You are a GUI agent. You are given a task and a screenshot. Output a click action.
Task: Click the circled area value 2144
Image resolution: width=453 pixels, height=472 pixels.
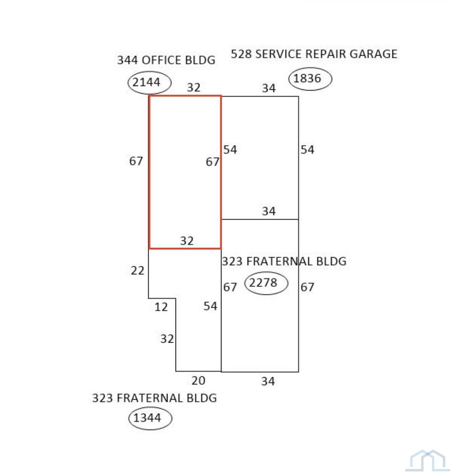[x=147, y=82]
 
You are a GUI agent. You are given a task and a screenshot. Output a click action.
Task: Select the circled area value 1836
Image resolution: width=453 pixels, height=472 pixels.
[x=307, y=78]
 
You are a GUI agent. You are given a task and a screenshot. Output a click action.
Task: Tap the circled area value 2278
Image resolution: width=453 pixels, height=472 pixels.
[x=263, y=283]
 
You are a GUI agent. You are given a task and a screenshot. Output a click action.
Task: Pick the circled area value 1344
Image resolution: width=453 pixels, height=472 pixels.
[x=147, y=418]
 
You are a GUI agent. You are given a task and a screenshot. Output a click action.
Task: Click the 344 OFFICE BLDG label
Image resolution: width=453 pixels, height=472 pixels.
[x=166, y=60]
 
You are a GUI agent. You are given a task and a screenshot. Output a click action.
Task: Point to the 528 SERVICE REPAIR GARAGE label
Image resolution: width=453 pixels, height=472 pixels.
[x=314, y=54]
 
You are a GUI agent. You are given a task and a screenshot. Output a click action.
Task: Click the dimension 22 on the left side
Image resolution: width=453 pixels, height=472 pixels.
[x=138, y=271]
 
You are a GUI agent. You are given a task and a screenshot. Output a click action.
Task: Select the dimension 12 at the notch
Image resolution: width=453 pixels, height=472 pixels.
[x=161, y=307]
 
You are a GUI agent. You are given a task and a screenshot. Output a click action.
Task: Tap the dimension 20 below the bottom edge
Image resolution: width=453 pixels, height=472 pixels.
[x=199, y=381]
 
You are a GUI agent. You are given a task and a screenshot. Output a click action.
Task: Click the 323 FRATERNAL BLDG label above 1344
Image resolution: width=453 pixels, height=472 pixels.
[x=155, y=398]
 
